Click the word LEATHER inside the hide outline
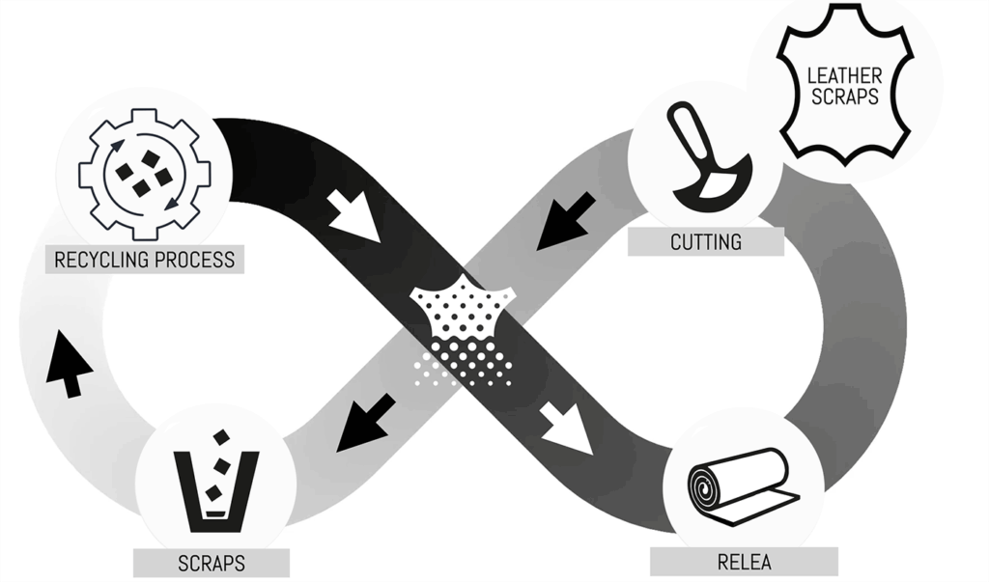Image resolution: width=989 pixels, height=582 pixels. tap(842, 74)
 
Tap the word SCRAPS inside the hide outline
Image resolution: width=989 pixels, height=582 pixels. tap(842, 97)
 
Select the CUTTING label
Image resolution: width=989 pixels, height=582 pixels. tap(706, 241)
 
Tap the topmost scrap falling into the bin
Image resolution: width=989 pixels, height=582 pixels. tap(221, 437)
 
